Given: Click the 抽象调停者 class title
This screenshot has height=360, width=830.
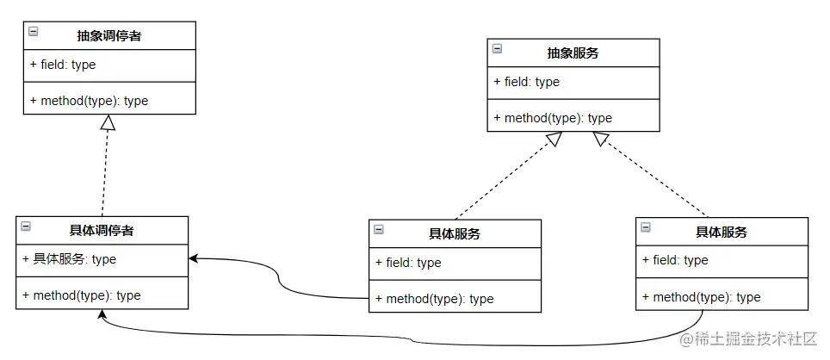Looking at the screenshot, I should pos(108,36).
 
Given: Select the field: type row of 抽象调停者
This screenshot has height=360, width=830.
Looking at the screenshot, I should pos(62,65).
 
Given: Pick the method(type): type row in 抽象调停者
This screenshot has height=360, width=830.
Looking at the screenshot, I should pos(89,101).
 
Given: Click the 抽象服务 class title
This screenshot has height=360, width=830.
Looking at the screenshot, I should pos(573,53).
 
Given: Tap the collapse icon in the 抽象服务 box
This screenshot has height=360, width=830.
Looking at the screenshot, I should pos(497,49).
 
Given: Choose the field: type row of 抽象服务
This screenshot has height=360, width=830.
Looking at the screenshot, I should pos(526,83).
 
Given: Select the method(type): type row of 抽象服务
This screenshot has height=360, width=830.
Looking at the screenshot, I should pos(553,118).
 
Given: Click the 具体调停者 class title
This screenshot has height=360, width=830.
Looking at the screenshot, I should pos(101,230).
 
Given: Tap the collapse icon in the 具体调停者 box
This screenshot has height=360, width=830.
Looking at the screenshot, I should pos(25,227).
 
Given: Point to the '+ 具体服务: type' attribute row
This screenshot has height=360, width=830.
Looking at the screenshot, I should pos(69,259).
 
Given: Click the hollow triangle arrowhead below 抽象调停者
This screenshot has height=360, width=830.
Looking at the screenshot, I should pos(108,123).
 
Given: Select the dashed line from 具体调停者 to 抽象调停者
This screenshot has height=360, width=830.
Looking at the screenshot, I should pos(104,172).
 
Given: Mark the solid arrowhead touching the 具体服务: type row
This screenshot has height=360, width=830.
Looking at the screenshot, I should pos(195,258).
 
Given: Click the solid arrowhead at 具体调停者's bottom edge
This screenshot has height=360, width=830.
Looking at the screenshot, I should pos(102,314).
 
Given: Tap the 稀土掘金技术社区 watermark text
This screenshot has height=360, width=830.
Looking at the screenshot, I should pos(759,340).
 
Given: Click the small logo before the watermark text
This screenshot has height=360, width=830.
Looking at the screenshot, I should pos(687,340).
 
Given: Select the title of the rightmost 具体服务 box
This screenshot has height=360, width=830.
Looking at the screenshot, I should pos(721,233).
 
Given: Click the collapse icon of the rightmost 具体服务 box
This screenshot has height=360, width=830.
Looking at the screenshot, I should pos(646,228).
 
